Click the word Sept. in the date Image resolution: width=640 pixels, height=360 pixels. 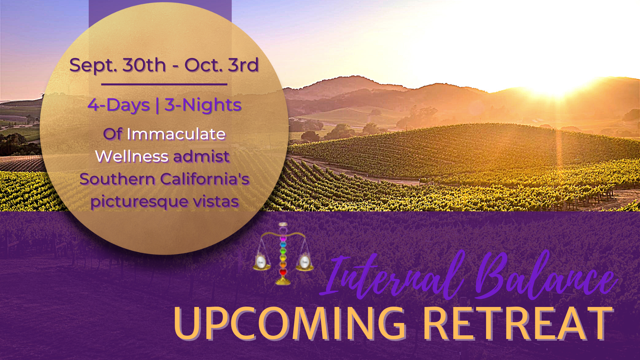pos(93,65)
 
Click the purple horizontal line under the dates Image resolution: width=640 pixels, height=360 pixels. pos(164,84)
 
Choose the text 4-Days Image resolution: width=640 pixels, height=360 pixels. pos(119,105)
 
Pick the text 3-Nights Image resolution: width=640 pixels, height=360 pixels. pos(203,105)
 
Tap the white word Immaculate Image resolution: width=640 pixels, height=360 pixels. pos(176,134)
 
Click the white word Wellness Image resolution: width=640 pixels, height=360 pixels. pos(132,156)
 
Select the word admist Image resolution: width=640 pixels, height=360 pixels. pos(201,156)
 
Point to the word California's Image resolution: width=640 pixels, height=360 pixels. pos(205,179)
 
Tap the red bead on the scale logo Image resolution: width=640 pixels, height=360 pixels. pos(283,272)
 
